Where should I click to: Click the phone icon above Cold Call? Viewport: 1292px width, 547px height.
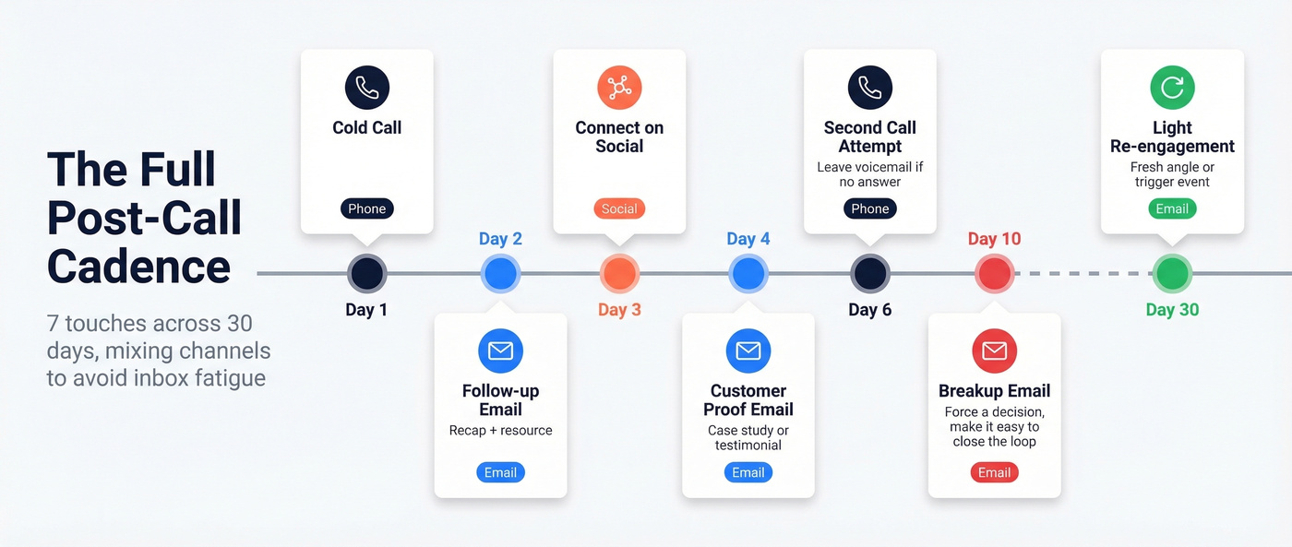coord(367,88)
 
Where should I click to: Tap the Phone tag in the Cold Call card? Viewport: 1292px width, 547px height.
coord(367,208)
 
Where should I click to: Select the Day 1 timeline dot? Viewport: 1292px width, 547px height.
coord(367,274)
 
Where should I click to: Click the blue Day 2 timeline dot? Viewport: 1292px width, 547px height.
coord(500,274)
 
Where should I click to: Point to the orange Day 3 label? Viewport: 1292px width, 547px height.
coord(619,310)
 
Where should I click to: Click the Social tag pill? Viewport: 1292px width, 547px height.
coord(619,208)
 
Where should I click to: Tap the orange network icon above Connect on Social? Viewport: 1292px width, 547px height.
coord(619,88)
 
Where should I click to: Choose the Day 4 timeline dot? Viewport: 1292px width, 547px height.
coord(748,274)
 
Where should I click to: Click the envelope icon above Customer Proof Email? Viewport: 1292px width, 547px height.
coord(748,351)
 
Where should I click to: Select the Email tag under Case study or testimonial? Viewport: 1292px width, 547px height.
coord(748,472)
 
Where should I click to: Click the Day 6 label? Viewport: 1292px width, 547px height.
coord(870,310)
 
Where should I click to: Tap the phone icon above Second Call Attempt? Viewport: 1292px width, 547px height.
coord(870,88)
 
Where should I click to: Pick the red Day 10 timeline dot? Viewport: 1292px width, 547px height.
coord(995,274)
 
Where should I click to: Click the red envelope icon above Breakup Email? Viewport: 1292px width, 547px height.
coord(995,351)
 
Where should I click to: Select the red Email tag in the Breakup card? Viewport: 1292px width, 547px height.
coord(995,472)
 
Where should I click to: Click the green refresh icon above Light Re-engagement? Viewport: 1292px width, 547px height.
coord(1172,88)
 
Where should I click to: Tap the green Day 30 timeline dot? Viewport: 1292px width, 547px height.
coord(1172,274)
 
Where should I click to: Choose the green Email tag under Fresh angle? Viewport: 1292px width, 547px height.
coord(1172,208)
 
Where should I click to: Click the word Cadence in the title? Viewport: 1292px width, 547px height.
coord(139,267)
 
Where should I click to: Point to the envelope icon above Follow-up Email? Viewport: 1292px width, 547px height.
coord(500,351)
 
